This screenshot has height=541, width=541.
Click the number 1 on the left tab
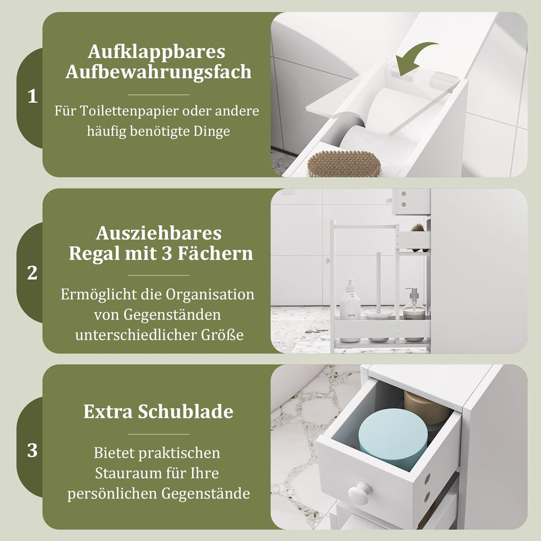click(x=33, y=96)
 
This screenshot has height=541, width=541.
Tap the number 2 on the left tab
click(x=32, y=273)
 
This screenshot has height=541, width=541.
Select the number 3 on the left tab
click(x=32, y=451)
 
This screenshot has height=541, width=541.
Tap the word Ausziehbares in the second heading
click(x=159, y=233)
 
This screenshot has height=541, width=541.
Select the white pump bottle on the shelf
click(x=350, y=300)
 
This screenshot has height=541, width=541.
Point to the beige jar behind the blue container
click(x=428, y=407)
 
